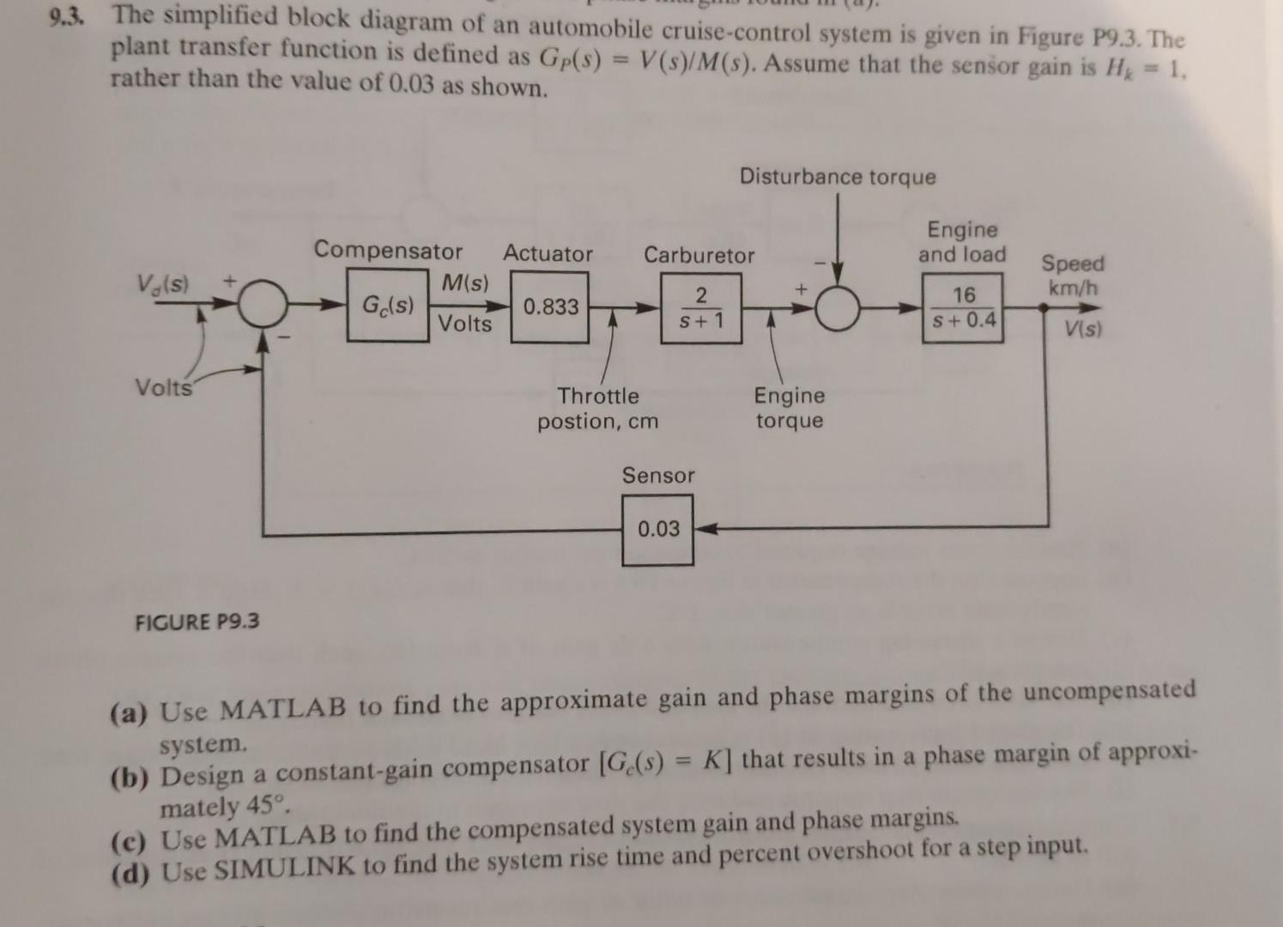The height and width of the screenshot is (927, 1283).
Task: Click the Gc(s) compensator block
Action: [x=388, y=305]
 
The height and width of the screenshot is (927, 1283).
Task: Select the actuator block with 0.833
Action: [x=551, y=306]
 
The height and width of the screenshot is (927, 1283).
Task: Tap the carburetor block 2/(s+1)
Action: [x=701, y=308]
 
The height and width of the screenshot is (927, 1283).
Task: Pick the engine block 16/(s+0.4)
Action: [x=963, y=307]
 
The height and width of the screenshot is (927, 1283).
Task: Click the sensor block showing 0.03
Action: [x=658, y=530]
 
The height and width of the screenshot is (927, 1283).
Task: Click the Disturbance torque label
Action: [x=838, y=177]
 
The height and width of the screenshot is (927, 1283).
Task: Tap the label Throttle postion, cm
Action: [x=598, y=409]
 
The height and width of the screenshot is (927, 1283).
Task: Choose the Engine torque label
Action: [x=790, y=408]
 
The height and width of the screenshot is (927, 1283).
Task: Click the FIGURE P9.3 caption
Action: [x=197, y=621]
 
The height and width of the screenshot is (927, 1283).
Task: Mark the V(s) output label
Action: [x=1084, y=328]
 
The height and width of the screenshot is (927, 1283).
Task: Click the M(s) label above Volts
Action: [x=465, y=282]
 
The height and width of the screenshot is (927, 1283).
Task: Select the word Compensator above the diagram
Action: [x=388, y=251]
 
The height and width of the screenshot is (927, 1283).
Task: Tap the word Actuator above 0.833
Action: [x=548, y=253]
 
